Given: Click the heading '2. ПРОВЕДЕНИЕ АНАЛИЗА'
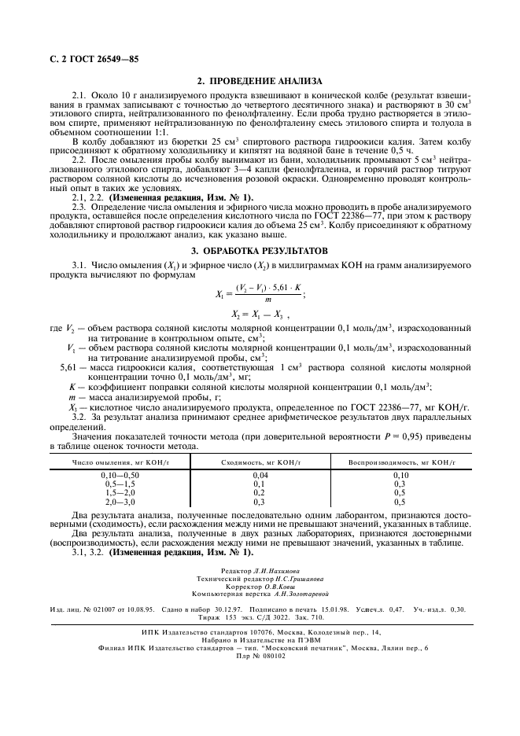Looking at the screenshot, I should click(x=259, y=82).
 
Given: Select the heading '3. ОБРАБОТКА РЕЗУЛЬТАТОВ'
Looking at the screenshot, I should click(x=259, y=249).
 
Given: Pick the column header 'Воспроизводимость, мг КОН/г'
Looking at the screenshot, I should click(x=400, y=462).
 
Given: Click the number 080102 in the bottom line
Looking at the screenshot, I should click(x=272, y=657).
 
